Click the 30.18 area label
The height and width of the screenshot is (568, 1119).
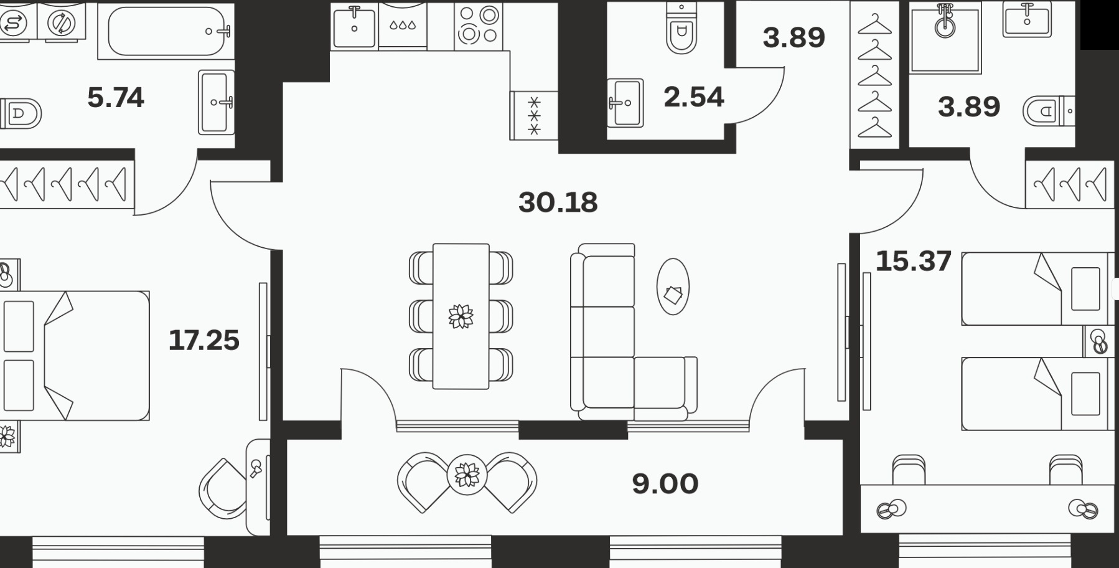[558, 202]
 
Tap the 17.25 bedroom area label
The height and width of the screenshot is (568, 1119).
[204, 340]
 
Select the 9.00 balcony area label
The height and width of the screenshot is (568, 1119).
[665, 484]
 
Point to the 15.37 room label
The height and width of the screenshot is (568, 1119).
[914, 261]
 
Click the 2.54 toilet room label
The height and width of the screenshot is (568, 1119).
[693, 97]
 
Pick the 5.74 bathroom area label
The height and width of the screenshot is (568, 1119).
[116, 98]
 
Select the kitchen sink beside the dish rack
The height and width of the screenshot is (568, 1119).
[354, 26]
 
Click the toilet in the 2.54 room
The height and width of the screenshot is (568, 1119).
[681, 27]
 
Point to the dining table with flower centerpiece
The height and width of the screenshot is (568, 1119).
[461, 316]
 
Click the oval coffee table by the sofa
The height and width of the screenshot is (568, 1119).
[673, 286]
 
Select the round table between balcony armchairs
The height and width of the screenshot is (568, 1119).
[467, 475]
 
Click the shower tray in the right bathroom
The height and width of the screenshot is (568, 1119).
[945, 39]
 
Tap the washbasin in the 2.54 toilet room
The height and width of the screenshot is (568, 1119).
[625, 103]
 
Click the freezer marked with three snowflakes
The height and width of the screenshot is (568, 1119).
[533, 115]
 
